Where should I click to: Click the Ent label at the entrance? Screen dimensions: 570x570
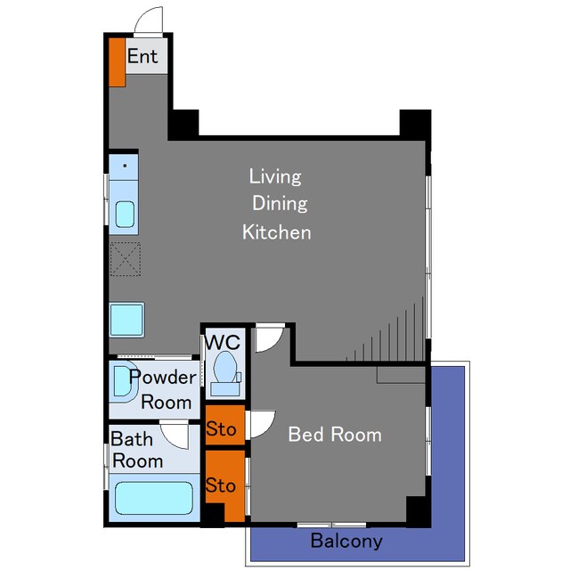[142, 56]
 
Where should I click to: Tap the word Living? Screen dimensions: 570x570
[275, 177]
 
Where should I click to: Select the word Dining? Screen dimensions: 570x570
[280, 204]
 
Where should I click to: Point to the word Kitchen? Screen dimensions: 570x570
[277, 232]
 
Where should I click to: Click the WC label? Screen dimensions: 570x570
[223, 342]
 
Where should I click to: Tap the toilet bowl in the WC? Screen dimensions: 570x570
[225, 367]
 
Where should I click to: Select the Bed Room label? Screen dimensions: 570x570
[335, 434]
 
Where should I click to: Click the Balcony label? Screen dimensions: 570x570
[346, 541]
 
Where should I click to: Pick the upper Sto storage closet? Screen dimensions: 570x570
[225, 425]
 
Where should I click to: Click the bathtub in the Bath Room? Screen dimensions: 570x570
[154, 498]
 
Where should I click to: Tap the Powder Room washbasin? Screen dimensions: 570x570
[123, 381]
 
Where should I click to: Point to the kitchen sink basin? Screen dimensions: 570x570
[125, 215]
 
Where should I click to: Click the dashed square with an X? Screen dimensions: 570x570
[126, 259]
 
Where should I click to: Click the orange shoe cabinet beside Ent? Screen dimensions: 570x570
[117, 62]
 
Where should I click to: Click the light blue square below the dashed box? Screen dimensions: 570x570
[126, 320]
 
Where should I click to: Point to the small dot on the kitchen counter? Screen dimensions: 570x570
[125, 166]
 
